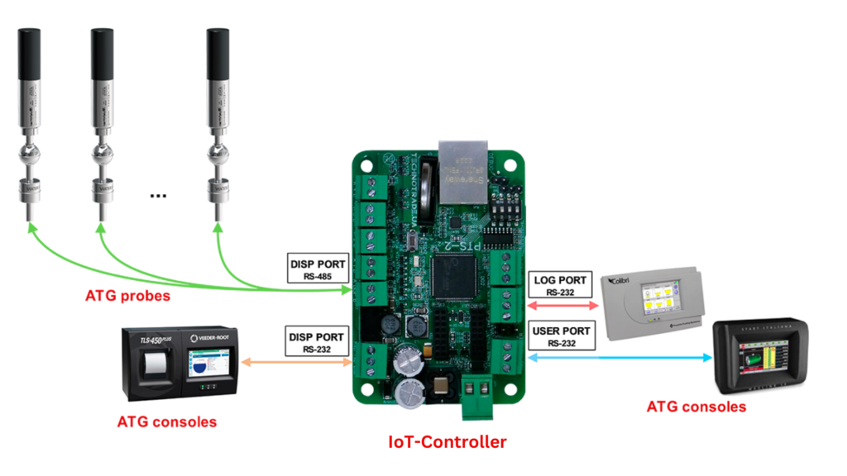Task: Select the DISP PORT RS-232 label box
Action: pyautogui.click(x=318, y=342)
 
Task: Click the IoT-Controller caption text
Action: pyautogui.click(x=447, y=442)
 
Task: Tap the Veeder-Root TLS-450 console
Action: pyautogui.click(x=177, y=361)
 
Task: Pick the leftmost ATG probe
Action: pyautogui.click(x=31, y=124)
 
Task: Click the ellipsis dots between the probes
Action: pyautogui.click(x=158, y=196)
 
